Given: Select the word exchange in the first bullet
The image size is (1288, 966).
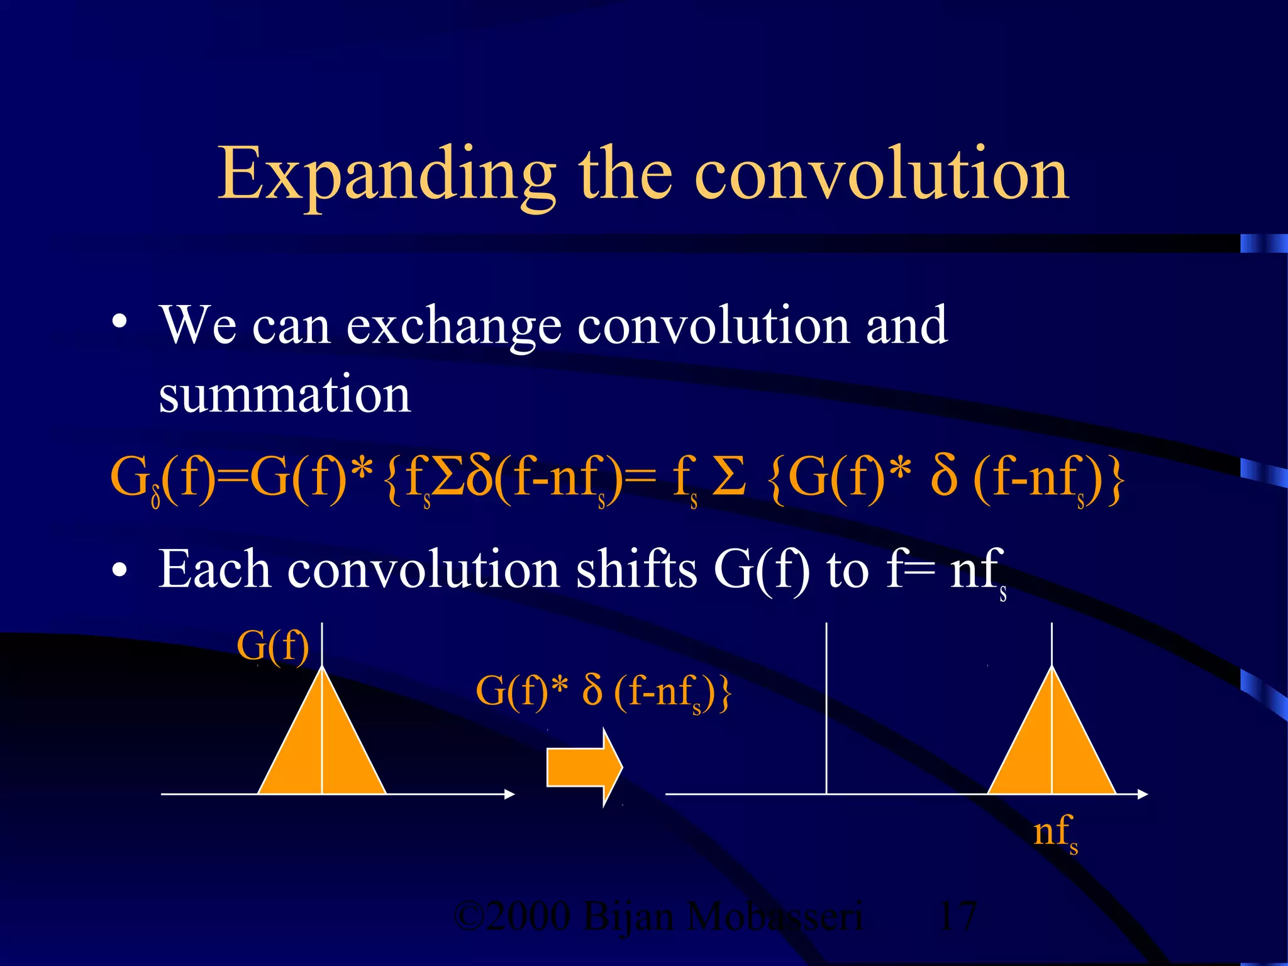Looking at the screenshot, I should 453,326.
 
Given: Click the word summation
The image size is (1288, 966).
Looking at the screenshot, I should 285,394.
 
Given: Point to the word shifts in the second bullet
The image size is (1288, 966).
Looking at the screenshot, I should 636,569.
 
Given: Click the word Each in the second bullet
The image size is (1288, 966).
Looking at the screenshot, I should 214,569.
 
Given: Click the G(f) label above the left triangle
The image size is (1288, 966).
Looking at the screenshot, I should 273,646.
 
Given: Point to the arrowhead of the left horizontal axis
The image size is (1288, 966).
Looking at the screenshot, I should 509,794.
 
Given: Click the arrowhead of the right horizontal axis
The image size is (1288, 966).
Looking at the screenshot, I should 1142,794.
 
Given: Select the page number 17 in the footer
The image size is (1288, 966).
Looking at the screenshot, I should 957,916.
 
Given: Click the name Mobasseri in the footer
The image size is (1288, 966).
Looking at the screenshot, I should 775,916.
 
